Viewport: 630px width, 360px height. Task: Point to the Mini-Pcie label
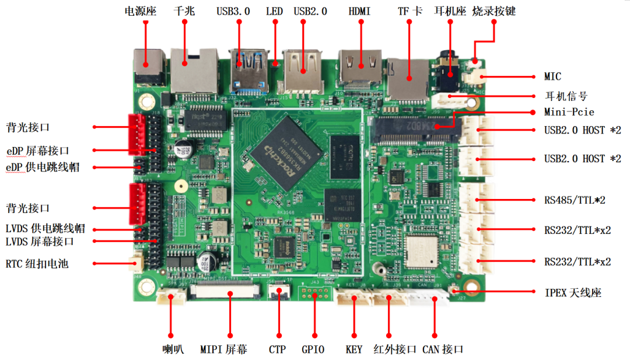(x=569, y=111)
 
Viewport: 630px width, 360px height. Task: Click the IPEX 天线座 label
(x=572, y=292)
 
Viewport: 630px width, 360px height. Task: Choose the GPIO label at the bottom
(x=314, y=349)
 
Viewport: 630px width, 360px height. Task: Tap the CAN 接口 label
(x=443, y=349)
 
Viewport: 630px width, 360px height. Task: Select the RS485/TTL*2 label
(x=575, y=200)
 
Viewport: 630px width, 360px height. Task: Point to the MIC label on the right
(x=552, y=76)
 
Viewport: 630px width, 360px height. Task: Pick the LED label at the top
(x=274, y=11)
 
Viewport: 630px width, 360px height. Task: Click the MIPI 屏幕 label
(x=223, y=349)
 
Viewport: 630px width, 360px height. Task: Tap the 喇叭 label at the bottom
(x=173, y=349)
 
